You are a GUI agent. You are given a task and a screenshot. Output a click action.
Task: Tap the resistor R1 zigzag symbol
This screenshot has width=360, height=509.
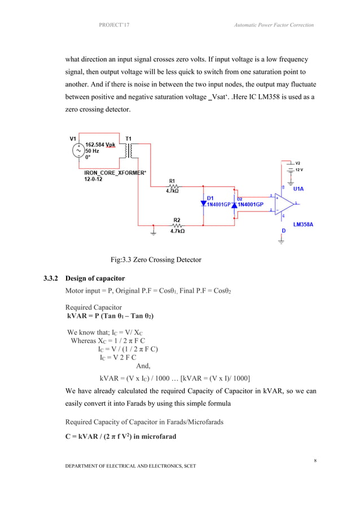(x=173, y=185)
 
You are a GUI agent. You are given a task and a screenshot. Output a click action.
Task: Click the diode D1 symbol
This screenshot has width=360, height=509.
(x=204, y=204)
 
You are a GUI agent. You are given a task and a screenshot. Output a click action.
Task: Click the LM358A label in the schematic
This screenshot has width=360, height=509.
(x=304, y=224)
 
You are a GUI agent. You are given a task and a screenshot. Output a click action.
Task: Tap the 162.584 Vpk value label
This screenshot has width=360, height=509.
(x=99, y=144)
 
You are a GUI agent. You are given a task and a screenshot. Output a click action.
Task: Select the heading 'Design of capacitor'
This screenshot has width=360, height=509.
(x=95, y=279)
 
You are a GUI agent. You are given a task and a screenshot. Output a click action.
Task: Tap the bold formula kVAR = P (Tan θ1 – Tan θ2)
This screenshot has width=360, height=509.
(x=112, y=316)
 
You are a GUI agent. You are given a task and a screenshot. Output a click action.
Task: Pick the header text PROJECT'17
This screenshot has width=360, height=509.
(x=114, y=25)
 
